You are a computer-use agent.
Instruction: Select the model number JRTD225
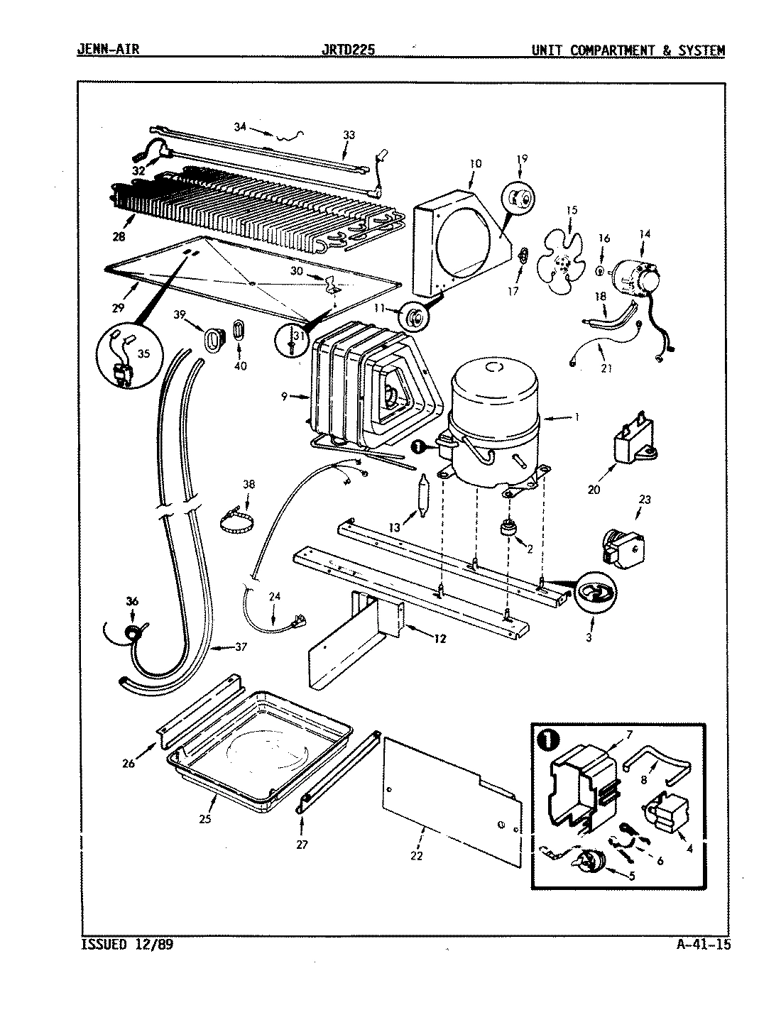pos(349,50)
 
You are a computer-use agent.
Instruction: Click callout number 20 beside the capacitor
pos(594,489)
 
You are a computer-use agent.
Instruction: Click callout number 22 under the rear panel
pos(416,856)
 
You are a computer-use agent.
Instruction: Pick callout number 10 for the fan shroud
pos(474,163)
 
